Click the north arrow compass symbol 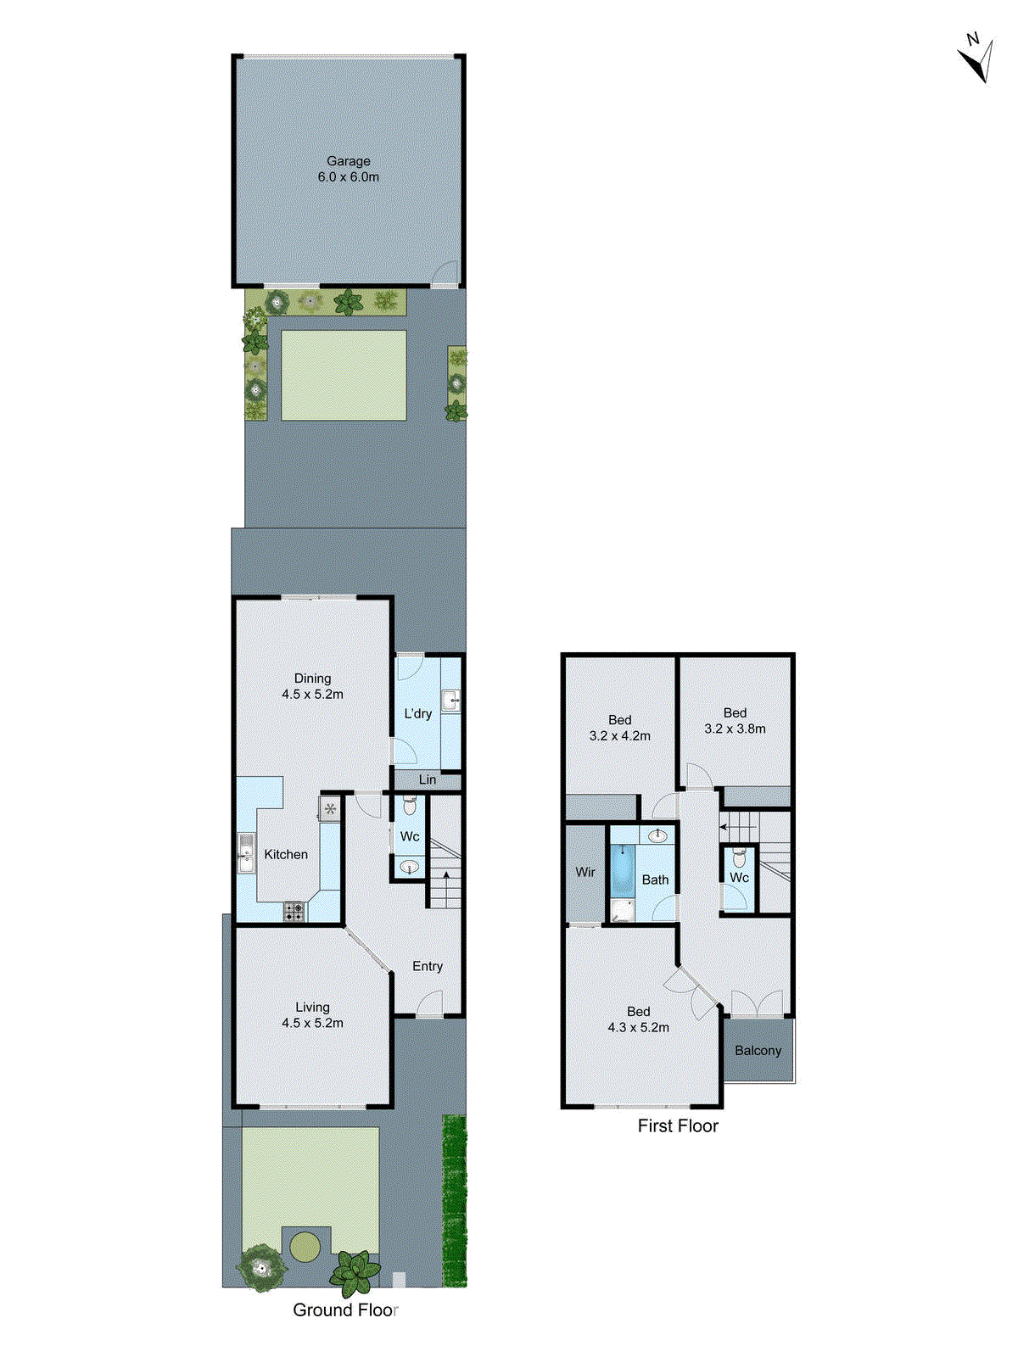pos(977,59)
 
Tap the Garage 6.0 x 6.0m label pos(349,169)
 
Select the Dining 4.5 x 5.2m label pos(312,686)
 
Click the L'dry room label pos(417,713)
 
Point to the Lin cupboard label pos(427,779)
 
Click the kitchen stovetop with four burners pos(294,912)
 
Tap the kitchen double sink pos(246,853)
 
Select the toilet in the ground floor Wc pos(409,805)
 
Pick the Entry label pos(427,966)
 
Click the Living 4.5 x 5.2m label pos(312,1015)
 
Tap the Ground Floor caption pos(344,1310)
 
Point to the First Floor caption pos(677,1125)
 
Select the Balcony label pos(758,1050)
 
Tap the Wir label pos(585,872)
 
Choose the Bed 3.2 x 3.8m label pos(735,721)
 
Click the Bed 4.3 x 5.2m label pos(638,1019)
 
